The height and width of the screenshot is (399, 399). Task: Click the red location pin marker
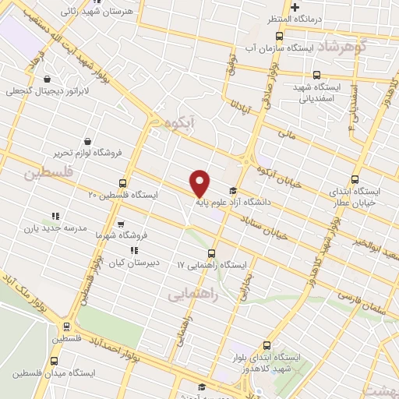coord(200,183)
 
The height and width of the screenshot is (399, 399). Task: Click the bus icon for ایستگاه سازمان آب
coord(280,35)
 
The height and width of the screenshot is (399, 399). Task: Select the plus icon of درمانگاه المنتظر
coord(295,7)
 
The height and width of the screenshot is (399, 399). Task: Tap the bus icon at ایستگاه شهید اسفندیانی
coord(316,76)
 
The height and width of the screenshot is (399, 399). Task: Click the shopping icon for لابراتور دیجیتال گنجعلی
coord(48,79)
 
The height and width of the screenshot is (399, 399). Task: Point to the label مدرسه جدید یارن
coord(51,229)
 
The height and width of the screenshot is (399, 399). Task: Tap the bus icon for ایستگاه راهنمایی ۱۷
coord(212,253)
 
